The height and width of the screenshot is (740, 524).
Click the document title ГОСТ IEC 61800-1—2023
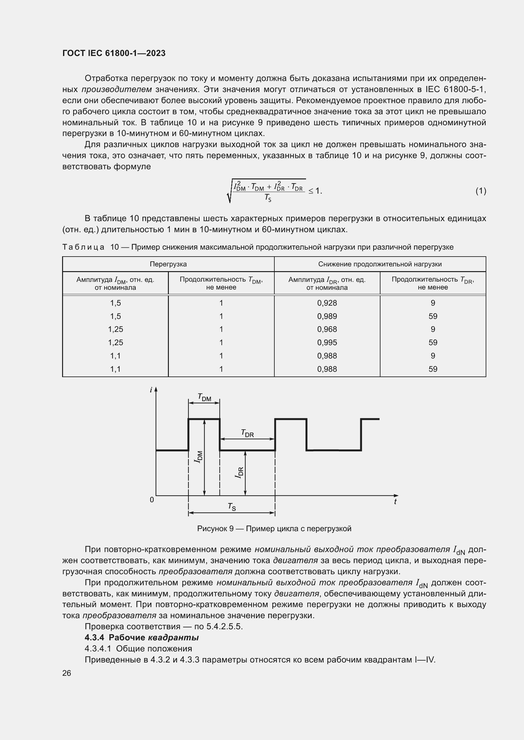(114, 53)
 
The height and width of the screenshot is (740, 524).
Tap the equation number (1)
(481, 191)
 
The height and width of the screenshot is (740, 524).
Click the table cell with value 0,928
(327, 303)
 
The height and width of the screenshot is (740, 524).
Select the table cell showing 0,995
(327, 342)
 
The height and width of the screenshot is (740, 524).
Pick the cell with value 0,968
(327, 329)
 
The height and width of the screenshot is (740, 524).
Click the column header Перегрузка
(168, 264)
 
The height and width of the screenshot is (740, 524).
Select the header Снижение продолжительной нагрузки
(380, 264)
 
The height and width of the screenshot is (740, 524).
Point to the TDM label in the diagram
(204, 397)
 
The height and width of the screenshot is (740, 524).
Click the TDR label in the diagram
(247, 433)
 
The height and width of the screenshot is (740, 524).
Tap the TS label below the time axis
(232, 507)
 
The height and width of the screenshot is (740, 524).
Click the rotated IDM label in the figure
(198, 457)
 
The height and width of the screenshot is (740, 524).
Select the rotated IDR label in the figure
(239, 472)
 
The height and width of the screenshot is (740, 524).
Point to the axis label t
(395, 502)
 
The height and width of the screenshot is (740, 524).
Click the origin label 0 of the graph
(152, 500)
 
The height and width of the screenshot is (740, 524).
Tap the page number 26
(67, 673)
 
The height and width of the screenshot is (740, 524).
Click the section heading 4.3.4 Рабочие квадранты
(142, 637)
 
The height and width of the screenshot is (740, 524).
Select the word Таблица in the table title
(83, 247)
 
